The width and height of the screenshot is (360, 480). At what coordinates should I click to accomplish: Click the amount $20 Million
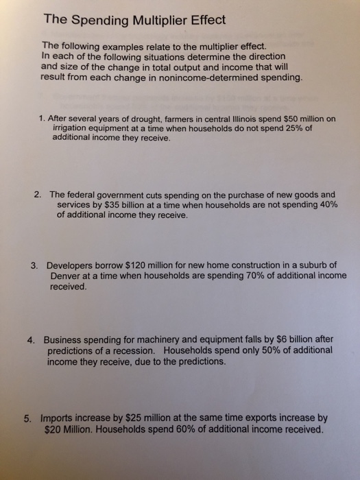coord(69,430)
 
